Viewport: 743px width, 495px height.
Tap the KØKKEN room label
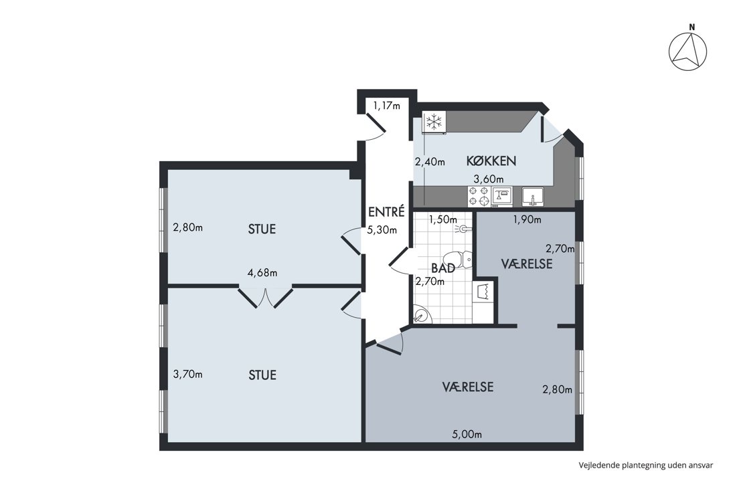(x=491, y=161)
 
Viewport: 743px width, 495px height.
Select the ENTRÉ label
(x=387, y=211)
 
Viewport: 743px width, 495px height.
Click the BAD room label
(x=443, y=268)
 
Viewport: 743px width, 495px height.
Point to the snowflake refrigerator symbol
(x=434, y=122)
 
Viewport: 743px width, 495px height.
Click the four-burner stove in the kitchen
(x=479, y=196)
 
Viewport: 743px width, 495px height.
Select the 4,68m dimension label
(x=262, y=273)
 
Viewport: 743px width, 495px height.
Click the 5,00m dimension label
(x=467, y=434)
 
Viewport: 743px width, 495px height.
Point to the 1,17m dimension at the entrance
(x=387, y=105)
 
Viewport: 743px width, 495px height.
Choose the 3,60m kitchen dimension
(x=489, y=179)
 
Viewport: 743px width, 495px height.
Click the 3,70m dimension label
(x=187, y=374)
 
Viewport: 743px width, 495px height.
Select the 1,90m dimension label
(x=527, y=219)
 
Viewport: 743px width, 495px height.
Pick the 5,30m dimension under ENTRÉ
(x=382, y=230)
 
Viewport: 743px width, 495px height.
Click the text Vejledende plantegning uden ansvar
(x=646, y=465)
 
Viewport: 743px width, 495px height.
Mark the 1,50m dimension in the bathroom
(x=443, y=219)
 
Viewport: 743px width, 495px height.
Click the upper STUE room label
(x=262, y=229)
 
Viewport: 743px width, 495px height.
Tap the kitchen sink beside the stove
(x=533, y=196)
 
